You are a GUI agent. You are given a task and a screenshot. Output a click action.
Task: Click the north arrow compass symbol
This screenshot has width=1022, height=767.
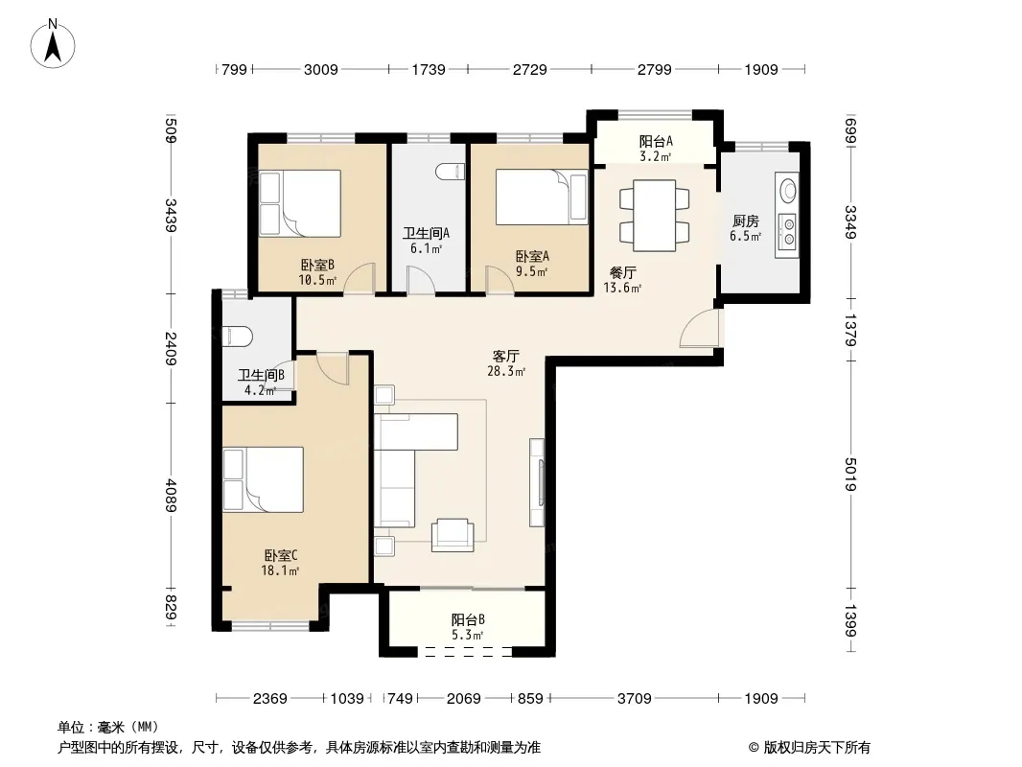pos(53,44)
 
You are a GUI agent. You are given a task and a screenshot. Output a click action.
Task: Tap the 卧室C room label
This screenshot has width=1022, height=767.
pos(281,556)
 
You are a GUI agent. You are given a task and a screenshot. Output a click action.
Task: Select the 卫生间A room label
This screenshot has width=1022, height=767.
pos(427,233)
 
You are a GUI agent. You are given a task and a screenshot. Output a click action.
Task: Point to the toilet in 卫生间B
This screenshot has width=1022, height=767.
pos(237,337)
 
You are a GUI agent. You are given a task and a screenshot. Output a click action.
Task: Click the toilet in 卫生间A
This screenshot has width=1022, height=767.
pos(451,172)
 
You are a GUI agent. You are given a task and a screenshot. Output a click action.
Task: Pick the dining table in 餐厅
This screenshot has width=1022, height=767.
pos(655,216)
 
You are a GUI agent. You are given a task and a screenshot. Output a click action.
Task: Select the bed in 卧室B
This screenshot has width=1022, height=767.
pos(300,203)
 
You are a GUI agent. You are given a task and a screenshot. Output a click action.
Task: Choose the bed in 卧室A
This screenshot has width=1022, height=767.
pos(542,197)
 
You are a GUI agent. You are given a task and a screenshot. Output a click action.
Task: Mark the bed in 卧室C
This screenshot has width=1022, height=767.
pos(264,479)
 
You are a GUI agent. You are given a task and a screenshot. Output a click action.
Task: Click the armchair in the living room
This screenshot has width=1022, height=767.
pos(453,535)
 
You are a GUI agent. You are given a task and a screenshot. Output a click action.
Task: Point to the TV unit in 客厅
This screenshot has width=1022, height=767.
pos(537,483)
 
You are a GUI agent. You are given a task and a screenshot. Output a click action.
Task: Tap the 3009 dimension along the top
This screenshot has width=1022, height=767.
pos(320,69)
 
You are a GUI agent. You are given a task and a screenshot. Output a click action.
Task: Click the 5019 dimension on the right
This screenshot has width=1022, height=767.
pos(850,475)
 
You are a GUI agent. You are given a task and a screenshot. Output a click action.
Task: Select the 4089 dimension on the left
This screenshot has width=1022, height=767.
pos(171,496)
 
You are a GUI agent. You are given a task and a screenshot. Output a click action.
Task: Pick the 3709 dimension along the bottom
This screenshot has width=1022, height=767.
pos(634,699)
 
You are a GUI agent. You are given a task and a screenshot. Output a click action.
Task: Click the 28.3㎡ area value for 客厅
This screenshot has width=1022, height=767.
pos(506,371)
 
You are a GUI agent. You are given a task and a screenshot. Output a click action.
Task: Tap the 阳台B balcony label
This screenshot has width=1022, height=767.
pos(468,619)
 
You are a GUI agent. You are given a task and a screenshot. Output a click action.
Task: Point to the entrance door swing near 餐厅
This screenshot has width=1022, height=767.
pos(700,328)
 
